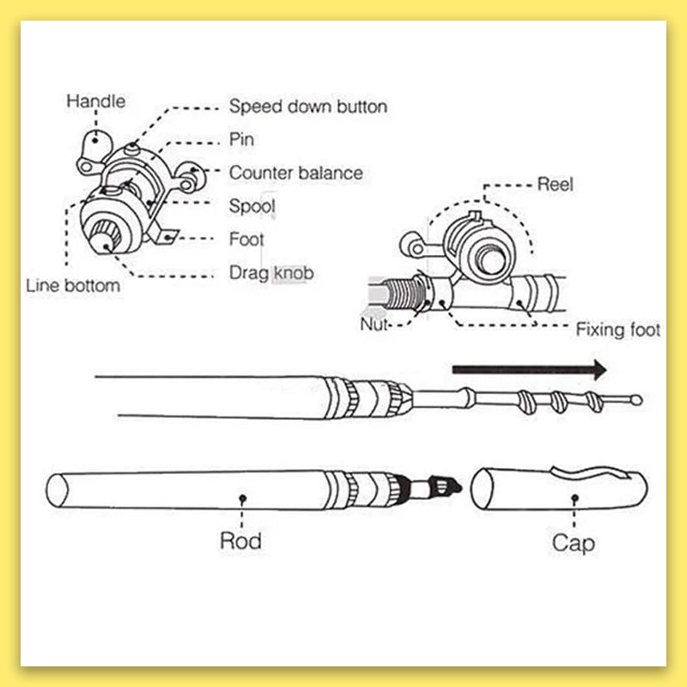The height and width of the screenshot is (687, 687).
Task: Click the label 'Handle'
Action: click(x=95, y=101)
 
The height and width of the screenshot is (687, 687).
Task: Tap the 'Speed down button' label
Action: click(x=307, y=106)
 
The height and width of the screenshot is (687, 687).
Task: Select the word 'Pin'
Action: click(x=241, y=139)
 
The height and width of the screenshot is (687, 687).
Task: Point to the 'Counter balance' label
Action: click(x=295, y=173)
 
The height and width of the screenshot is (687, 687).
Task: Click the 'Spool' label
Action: click(x=252, y=206)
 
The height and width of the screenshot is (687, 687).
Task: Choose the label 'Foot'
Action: click(x=246, y=240)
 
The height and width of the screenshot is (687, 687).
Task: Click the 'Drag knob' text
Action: click(x=271, y=273)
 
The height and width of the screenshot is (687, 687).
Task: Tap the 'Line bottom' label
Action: click(x=73, y=286)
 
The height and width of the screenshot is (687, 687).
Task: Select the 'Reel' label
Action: click(x=555, y=183)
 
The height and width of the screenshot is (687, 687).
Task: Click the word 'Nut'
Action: click(x=375, y=324)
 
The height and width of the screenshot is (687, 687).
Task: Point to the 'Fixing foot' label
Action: click(x=617, y=329)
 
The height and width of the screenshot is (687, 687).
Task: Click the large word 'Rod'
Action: click(x=240, y=541)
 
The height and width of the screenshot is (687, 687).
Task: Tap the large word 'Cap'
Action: click(x=573, y=543)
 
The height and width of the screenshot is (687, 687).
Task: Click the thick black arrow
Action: click(x=529, y=370)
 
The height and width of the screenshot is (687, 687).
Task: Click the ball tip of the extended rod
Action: click(x=635, y=399)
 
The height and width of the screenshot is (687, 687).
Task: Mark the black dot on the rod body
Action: click(x=243, y=497)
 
